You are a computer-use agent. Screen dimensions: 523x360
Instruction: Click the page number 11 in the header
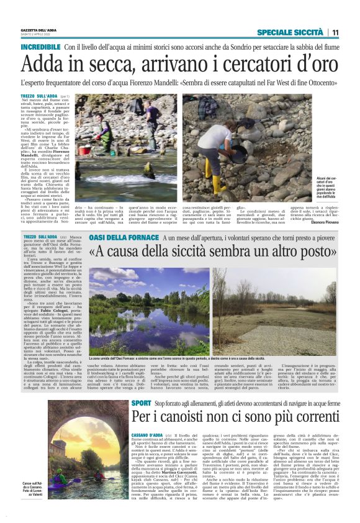[x=335, y=32]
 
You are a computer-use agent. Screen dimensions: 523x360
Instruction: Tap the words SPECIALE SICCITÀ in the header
[x=290, y=32]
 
